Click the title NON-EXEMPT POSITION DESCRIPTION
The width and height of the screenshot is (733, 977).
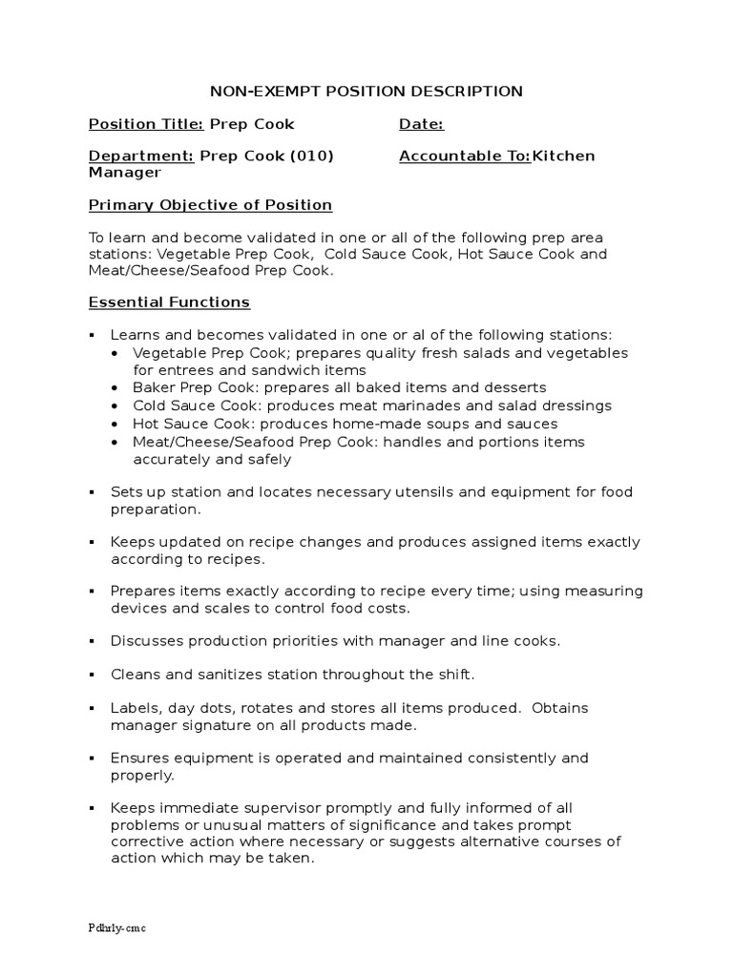coord(366,92)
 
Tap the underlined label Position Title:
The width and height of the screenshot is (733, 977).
coord(146,124)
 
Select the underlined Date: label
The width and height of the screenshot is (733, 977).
coord(421,124)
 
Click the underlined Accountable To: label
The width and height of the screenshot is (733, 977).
coord(465,156)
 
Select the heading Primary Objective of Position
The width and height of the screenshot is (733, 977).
coord(210,205)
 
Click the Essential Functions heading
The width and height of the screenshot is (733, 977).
coord(169,302)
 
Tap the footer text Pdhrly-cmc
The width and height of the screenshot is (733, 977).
coord(117,927)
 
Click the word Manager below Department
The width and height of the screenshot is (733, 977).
coord(125,173)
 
